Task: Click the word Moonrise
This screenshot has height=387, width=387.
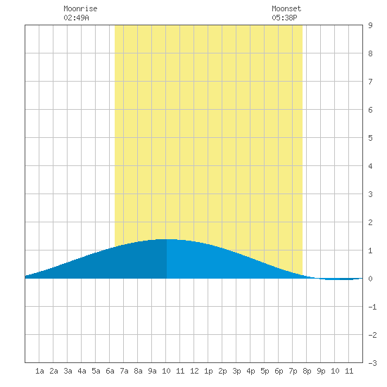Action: [80, 8]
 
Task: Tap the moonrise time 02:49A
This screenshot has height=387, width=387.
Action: [76, 18]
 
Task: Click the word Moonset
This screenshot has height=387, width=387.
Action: [286, 8]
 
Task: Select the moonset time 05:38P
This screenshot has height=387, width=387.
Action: [284, 18]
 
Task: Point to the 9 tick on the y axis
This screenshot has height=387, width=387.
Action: [370, 25]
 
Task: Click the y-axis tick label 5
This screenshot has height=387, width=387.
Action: [370, 138]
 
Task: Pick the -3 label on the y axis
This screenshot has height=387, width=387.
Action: [372, 363]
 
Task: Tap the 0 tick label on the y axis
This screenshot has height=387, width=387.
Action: [370, 279]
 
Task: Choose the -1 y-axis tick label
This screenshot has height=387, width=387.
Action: [372, 307]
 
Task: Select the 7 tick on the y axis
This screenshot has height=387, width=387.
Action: [370, 82]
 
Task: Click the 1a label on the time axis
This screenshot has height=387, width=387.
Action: [39, 371]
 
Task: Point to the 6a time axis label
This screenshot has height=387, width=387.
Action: [110, 371]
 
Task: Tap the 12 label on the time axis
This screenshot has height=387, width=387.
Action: [194, 371]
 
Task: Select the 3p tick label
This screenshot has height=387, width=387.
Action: [236, 371]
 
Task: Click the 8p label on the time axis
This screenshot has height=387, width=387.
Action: [307, 371]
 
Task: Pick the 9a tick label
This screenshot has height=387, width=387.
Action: [152, 371]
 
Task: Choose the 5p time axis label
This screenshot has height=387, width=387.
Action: [265, 371]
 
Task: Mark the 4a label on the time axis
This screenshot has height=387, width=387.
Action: [82, 371]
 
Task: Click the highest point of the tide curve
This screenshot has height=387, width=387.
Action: [165, 239]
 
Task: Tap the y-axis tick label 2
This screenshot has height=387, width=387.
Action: [370, 222]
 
